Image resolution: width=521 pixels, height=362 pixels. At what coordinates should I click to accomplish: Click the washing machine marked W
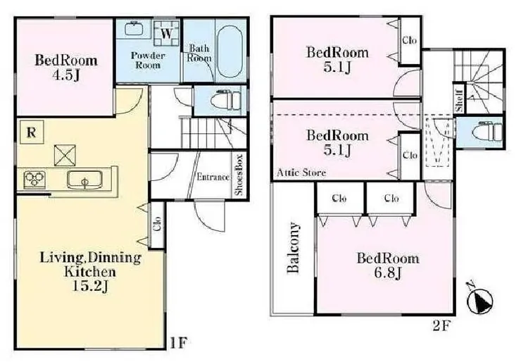(x=167, y=34)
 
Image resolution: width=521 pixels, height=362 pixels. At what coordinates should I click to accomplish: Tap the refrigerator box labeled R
(x=32, y=132)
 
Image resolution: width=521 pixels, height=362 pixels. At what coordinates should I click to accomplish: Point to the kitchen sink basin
(x=84, y=180)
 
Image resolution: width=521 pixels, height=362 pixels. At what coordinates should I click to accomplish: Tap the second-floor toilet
(x=487, y=132)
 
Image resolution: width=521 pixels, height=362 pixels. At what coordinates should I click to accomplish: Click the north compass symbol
(x=479, y=300)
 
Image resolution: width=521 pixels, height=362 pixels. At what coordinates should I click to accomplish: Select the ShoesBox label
(x=239, y=175)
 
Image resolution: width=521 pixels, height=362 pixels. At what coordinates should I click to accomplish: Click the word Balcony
(x=293, y=247)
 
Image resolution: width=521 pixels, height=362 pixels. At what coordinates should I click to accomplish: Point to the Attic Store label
(x=301, y=173)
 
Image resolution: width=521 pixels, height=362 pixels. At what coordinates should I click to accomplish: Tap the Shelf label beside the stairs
(x=460, y=101)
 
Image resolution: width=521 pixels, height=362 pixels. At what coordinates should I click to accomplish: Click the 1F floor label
(x=179, y=343)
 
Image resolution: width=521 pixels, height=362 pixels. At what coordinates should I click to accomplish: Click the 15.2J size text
(x=90, y=286)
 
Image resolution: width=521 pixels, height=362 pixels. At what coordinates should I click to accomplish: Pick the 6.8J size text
(x=388, y=273)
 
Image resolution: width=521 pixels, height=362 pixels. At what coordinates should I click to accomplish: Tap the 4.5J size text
(x=65, y=75)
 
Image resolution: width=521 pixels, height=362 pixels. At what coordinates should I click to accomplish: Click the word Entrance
(x=213, y=177)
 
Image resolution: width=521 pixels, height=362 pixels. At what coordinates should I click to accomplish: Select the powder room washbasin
(x=134, y=28)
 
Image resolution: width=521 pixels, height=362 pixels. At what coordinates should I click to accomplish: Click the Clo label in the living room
(x=157, y=224)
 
